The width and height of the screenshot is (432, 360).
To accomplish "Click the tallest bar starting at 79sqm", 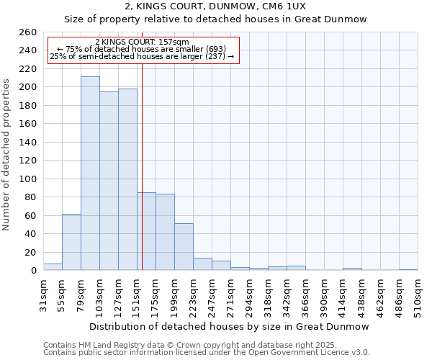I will click(x=90, y=174).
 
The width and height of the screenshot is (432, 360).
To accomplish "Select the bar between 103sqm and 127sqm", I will click(x=109, y=181).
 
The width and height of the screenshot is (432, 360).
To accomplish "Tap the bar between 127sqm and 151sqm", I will click(x=127, y=179).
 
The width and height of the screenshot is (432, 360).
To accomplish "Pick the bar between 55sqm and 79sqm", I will click(x=71, y=242).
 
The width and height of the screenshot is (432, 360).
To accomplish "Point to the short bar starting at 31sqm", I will click(x=53, y=267).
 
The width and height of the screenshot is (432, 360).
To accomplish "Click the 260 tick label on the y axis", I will click(x=27, y=32).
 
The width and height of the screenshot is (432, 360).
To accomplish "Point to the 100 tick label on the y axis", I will click(x=27, y=179).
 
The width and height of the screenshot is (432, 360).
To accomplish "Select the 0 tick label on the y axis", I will click(x=33, y=271).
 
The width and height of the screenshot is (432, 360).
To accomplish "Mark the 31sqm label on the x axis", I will click(x=44, y=293).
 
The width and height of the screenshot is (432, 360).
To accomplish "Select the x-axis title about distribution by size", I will click(x=230, y=326).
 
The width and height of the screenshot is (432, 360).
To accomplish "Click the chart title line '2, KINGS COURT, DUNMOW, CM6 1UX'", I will click(x=215, y=6).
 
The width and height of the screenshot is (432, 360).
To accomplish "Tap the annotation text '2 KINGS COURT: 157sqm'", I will click(x=142, y=42).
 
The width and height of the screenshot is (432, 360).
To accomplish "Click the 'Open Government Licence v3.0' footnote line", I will click(x=207, y=353).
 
